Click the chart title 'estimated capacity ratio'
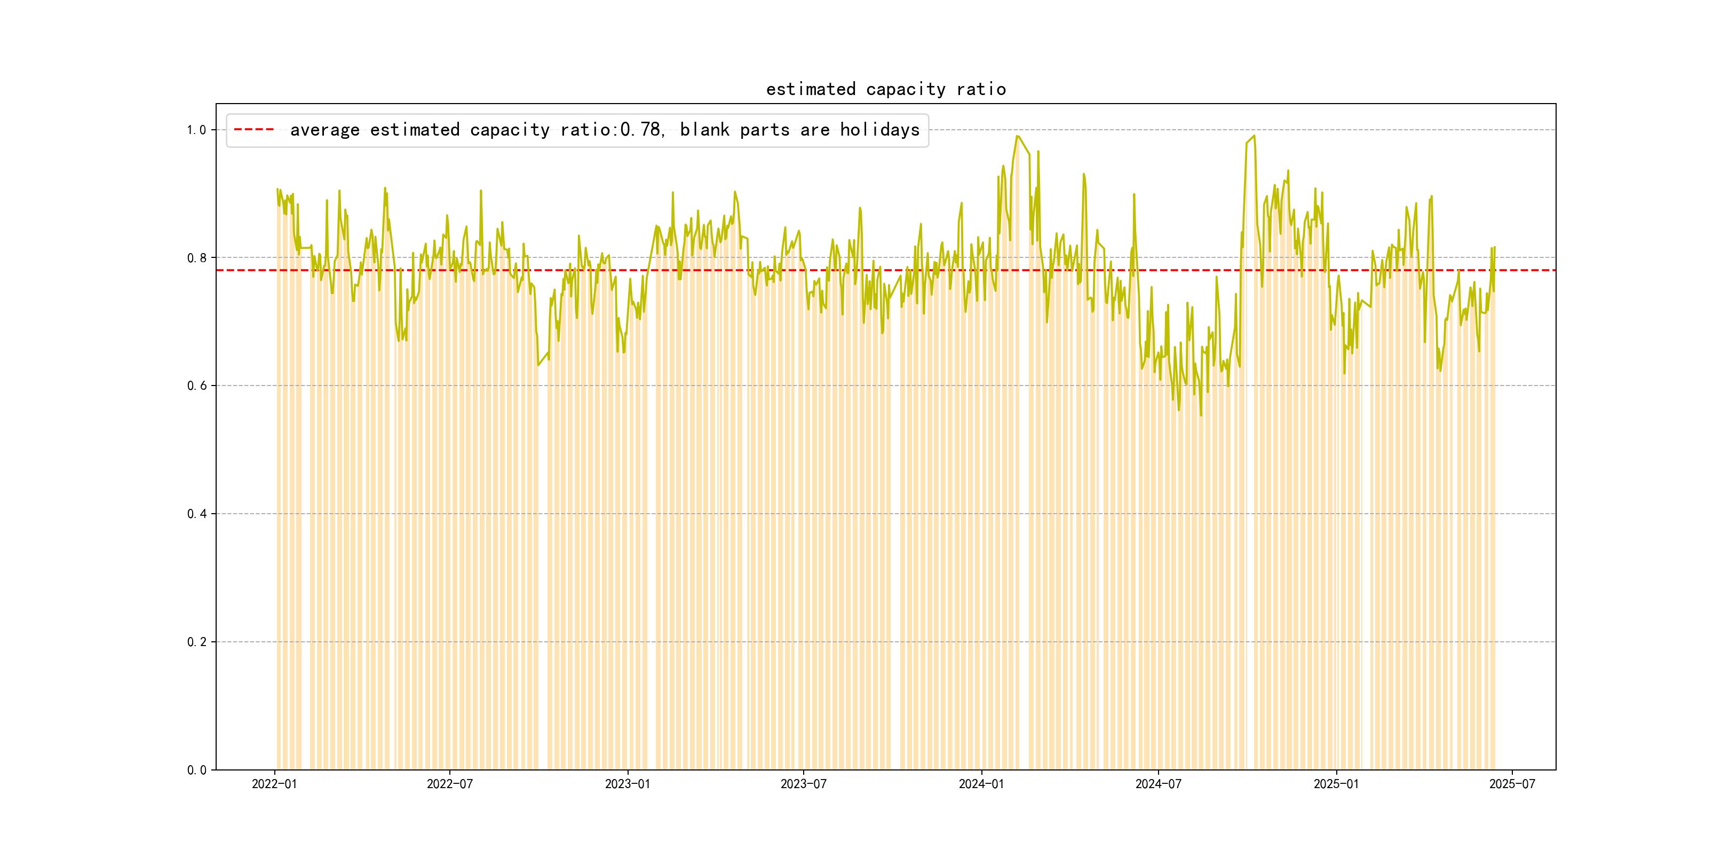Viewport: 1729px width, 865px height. [885, 89]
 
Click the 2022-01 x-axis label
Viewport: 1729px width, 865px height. [274, 784]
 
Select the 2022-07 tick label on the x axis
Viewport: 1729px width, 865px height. [450, 784]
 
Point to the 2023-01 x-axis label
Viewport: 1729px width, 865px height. [628, 784]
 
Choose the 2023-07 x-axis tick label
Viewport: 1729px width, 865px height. [804, 784]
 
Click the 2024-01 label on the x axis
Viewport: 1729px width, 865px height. [981, 784]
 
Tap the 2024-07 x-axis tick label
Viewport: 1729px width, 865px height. [1158, 784]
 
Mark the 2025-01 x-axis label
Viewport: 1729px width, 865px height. [1336, 784]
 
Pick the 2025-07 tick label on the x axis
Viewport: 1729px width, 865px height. [1511, 784]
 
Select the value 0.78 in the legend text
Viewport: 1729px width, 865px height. [640, 130]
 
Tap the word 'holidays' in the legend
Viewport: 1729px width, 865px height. [879, 130]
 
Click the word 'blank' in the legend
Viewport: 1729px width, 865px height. [704, 130]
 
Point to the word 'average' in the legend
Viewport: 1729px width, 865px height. [325, 130]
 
